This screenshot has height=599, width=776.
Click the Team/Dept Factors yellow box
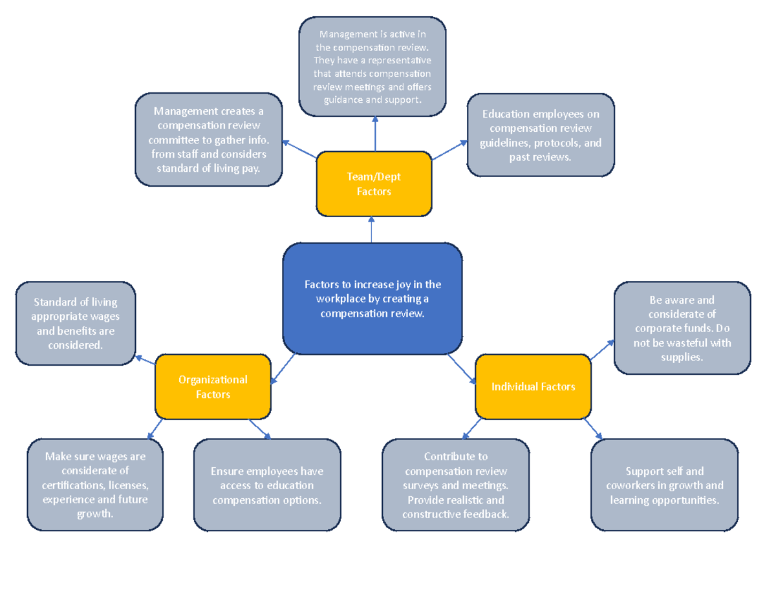click(x=374, y=184)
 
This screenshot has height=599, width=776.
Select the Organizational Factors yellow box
click(x=213, y=386)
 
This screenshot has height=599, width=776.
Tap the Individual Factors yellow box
click(x=533, y=386)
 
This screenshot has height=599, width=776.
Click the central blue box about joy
click(x=372, y=299)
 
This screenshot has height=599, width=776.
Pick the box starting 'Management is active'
click(x=372, y=67)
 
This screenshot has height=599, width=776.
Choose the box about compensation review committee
click(x=208, y=140)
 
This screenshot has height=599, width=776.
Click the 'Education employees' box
click(x=541, y=135)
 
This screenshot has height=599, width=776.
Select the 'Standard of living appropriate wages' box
click(x=76, y=323)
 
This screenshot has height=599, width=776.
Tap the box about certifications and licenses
click(x=94, y=485)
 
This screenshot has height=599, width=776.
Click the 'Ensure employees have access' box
click(x=267, y=485)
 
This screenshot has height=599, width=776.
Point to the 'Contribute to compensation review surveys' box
click(x=455, y=485)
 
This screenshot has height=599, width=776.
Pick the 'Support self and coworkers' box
click(x=664, y=485)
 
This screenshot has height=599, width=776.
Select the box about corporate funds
click(x=682, y=328)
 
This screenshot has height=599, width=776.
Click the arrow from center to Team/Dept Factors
click(x=372, y=230)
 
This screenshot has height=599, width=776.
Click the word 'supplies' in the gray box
click(x=682, y=357)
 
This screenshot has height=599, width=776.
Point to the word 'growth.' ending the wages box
click(x=94, y=514)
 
